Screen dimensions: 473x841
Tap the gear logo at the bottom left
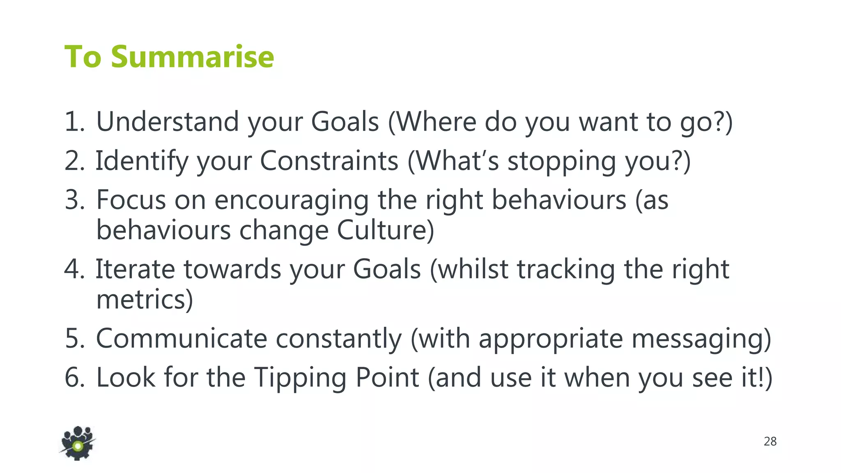tap(78, 443)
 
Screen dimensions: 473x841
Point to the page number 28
tap(770, 441)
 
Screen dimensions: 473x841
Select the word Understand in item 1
tap(168, 122)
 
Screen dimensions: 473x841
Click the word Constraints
tap(329, 161)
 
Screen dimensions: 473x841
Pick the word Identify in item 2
tap(142, 161)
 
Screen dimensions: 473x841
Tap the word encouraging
tap(291, 200)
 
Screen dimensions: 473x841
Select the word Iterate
tap(135, 269)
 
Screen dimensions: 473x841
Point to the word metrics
tap(144, 299)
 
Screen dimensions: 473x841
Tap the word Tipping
tap(300, 378)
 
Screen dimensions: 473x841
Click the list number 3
tap(74, 200)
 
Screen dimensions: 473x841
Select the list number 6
tap(74, 378)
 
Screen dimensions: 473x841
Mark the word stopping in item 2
tap(562, 161)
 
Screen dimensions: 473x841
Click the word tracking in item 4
tap(565, 270)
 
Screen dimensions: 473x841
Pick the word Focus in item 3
tap(131, 200)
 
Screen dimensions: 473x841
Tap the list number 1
tap(74, 122)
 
